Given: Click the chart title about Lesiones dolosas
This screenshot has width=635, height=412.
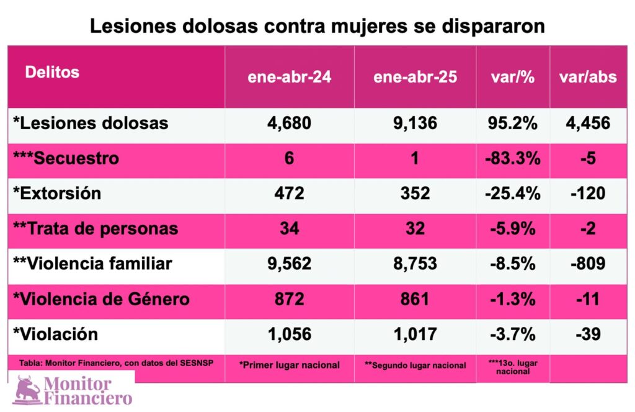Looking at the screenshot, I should [317, 27].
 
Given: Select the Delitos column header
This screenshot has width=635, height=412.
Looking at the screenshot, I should [52, 72].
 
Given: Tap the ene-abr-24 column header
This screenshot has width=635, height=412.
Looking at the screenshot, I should [290, 77].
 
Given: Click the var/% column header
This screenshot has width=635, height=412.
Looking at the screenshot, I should [512, 77].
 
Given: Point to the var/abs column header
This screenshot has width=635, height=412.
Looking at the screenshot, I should [588, 77].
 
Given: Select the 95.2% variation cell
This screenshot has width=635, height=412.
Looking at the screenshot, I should [512, 123].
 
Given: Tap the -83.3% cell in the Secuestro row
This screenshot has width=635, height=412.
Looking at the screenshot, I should [512, 158].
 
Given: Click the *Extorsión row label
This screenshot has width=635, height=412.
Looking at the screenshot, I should [57, 193].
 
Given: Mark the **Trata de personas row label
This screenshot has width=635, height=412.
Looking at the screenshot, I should [95, 228].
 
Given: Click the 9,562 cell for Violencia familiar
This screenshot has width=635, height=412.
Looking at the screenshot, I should [290, 264].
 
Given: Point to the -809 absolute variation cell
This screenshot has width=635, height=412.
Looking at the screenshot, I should [588, 264].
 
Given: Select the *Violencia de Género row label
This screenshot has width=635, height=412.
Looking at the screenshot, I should [100, 299].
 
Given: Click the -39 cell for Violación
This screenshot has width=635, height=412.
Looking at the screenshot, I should [588, 334].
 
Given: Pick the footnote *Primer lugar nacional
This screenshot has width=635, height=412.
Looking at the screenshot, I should [290, 365].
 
